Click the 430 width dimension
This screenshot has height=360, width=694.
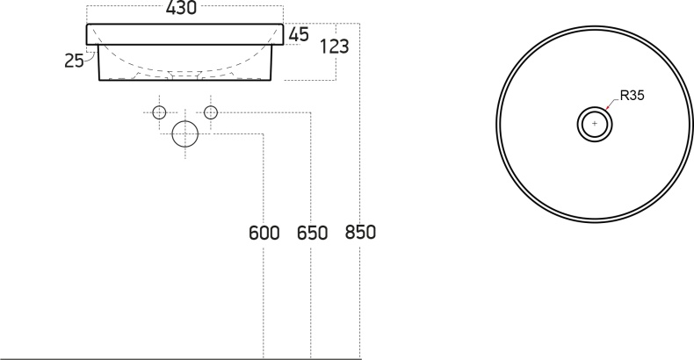pyautogui.click(x=181, y=8)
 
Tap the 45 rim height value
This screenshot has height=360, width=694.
pyautogui.click(x=299, y=34)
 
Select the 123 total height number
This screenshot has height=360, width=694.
pyautogui.click(x=334, y=46)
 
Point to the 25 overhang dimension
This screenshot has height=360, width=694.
pyautogui.click(x=74, y=61)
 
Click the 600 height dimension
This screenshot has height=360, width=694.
pyautogui.click(x=264, y=233)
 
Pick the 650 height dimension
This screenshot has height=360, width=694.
pyautogui.click(x=312, y=233)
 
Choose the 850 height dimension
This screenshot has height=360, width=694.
pyautogui.click(x=360, y=232)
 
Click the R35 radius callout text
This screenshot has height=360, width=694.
pyautogui.click(x=632, y=95)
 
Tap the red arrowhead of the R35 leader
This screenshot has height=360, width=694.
pyautogui.click(x=607, y=107)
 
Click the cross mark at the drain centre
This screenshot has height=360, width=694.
pyautogui.click(x=595, y=124)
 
